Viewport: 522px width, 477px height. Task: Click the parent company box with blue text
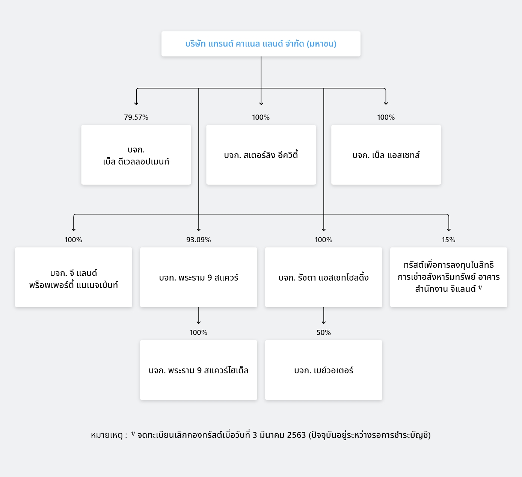[x=261, y=44]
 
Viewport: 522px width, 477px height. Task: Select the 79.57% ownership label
[x=136, y=118]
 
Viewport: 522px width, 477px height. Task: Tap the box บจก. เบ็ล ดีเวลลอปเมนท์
[x=136, y=155]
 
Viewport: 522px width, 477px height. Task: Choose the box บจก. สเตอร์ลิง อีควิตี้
[x=261, y=155]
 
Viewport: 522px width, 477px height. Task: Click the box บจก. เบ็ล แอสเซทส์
[x=386, y=155]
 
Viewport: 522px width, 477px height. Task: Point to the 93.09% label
[x=199, y=240]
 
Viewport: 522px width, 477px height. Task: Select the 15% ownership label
[x=449, y=240]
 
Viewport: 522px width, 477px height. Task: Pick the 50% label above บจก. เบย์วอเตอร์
[x=324, y=332]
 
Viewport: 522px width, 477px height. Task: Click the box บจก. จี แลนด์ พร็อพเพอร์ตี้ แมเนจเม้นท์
[x=74, y=277]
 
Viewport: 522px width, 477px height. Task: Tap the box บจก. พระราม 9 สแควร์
[x=199, y=277]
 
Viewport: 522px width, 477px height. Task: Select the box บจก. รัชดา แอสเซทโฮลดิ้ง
[x=324, y=277]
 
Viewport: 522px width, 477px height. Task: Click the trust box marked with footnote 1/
[x=449, y=277]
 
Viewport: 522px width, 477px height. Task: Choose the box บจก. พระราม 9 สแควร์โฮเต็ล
[x=199, y=370]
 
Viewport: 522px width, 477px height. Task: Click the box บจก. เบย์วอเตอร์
[x=324, y=370]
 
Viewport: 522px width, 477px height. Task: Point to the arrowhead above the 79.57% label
[x=136, y=104]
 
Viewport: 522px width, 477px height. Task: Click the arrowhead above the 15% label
[x=449, y=230]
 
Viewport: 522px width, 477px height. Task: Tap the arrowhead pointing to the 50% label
[x=324, y=323]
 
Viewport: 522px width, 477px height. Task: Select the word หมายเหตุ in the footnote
[x=107, y=435]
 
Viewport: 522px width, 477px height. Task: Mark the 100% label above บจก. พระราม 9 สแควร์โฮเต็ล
[x=199, y=332]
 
